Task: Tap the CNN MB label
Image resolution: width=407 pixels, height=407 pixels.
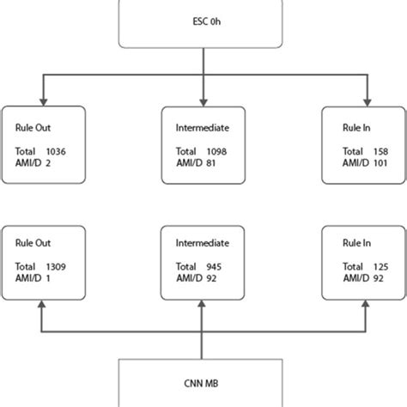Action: tap(203, 384)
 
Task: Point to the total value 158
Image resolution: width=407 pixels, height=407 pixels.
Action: tap(369, 150)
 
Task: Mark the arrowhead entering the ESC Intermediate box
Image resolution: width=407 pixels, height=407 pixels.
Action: tap(203, 100)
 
